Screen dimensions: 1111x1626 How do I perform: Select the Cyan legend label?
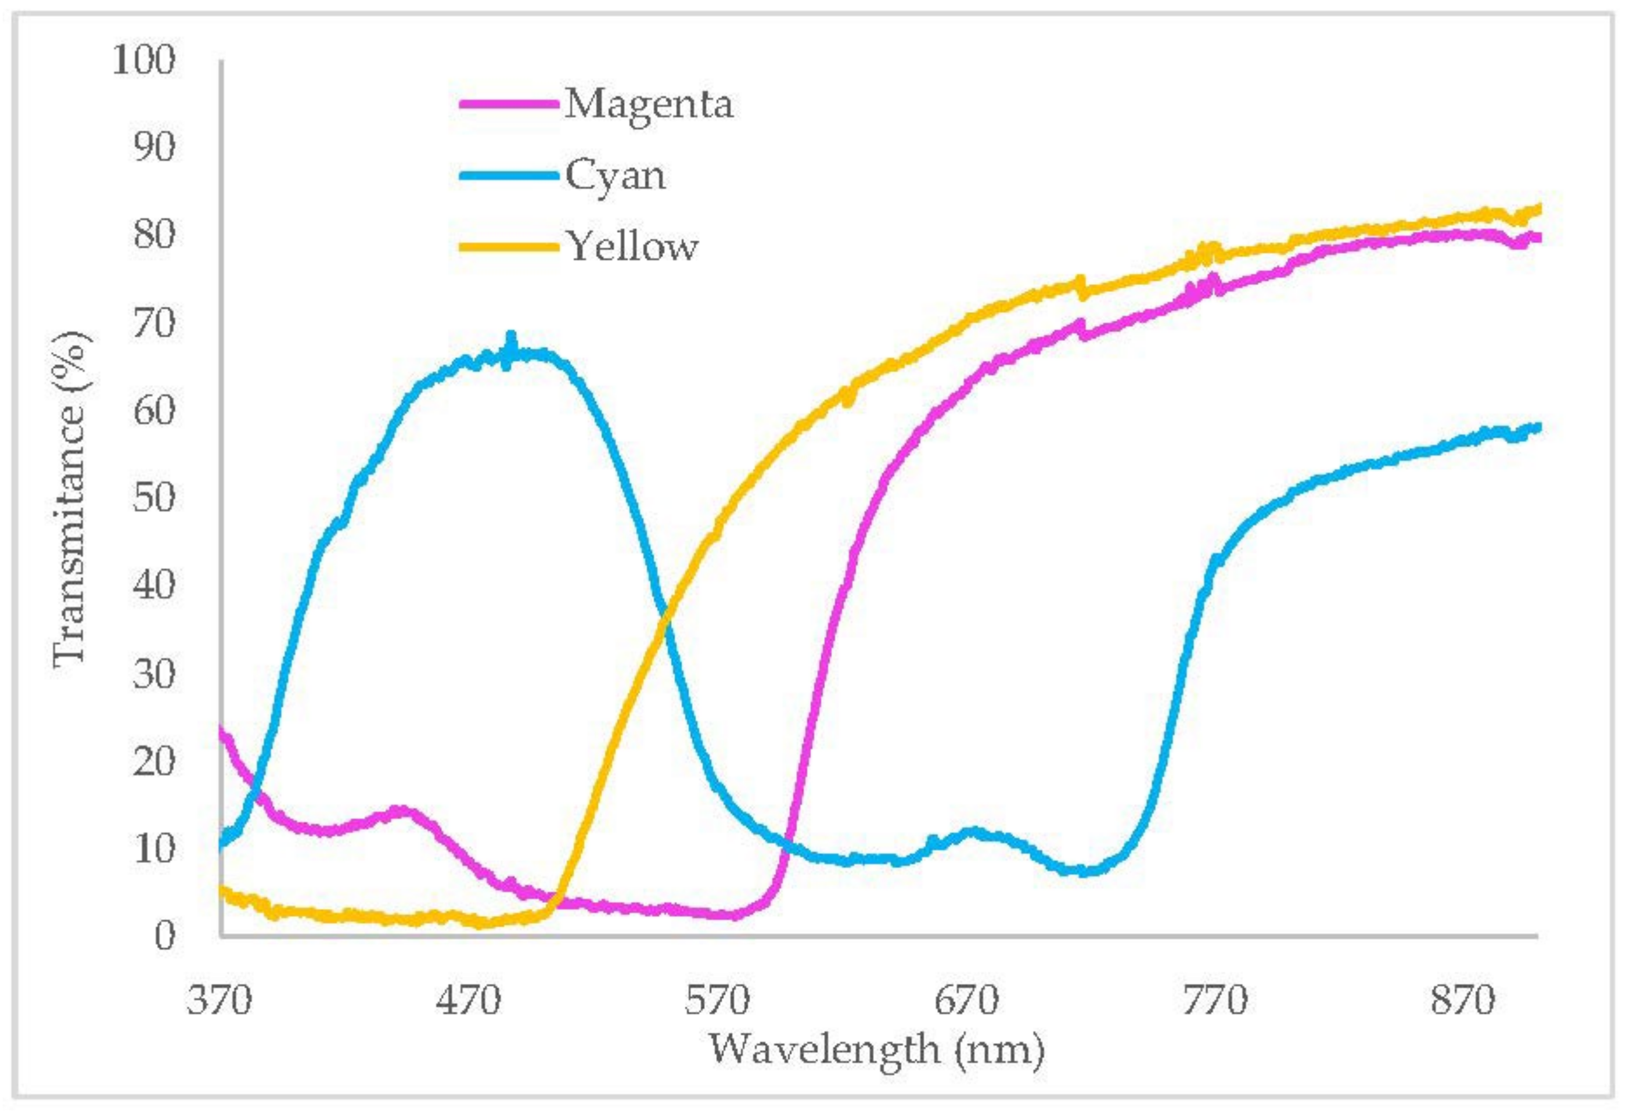[615, 175]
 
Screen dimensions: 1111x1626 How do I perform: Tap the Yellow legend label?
[632, 247]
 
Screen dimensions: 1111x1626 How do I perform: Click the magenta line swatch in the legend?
[509, 103]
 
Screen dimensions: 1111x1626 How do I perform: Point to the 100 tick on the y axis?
[143, 60]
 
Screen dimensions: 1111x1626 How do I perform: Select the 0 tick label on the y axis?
[164, 936]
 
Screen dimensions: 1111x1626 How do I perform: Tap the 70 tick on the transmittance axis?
[153, 323]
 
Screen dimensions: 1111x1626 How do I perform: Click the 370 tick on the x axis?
[219, 1001]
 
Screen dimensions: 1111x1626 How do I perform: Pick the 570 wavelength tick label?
[717, 1001]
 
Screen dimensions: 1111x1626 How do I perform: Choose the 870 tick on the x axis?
[1463, 1001]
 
